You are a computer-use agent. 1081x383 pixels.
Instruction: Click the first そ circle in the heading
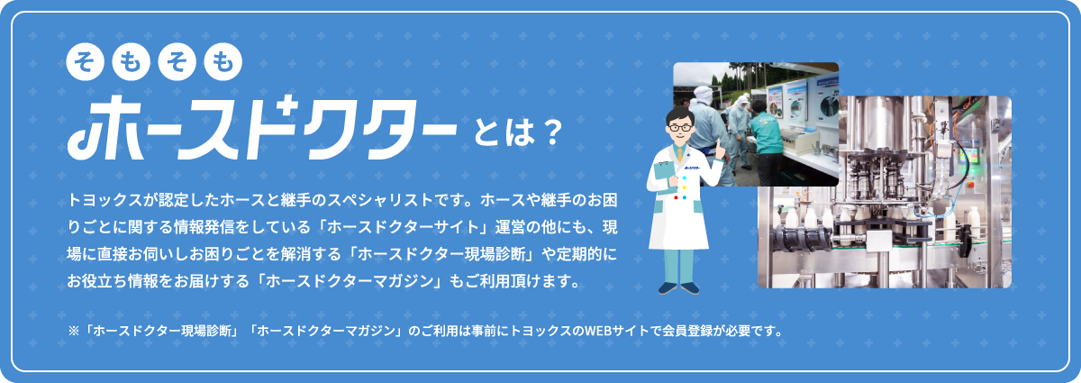[85, 62]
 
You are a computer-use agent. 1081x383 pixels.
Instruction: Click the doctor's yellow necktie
[680, 154]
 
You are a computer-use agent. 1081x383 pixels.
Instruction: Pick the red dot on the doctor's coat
[676, 197]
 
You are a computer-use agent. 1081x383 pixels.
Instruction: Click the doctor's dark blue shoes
[678, 288]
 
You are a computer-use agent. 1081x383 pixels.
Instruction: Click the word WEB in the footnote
[598, 332]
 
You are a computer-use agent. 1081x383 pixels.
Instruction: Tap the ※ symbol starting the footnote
[74, 332]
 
